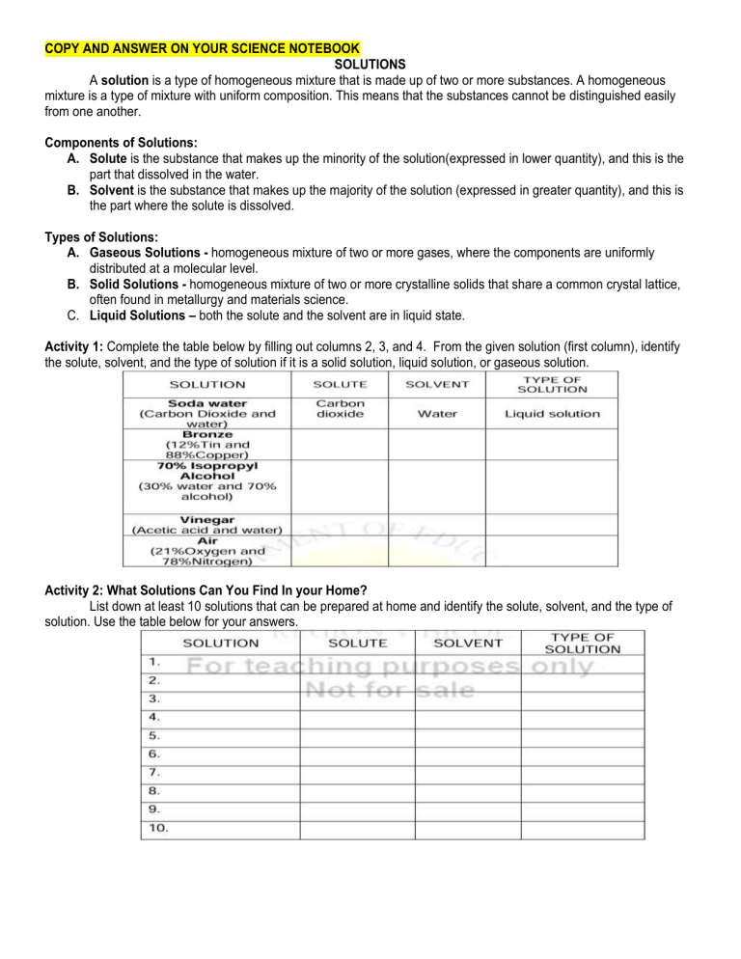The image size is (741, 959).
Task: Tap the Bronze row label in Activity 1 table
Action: tap(206, 434)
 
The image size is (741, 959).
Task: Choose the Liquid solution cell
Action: tap(553, 414)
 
